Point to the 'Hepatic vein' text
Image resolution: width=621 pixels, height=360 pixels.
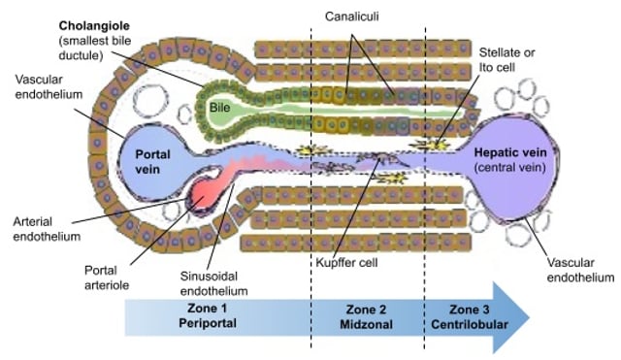pos(513,151)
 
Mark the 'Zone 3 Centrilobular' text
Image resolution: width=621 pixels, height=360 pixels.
pos(462,314)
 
